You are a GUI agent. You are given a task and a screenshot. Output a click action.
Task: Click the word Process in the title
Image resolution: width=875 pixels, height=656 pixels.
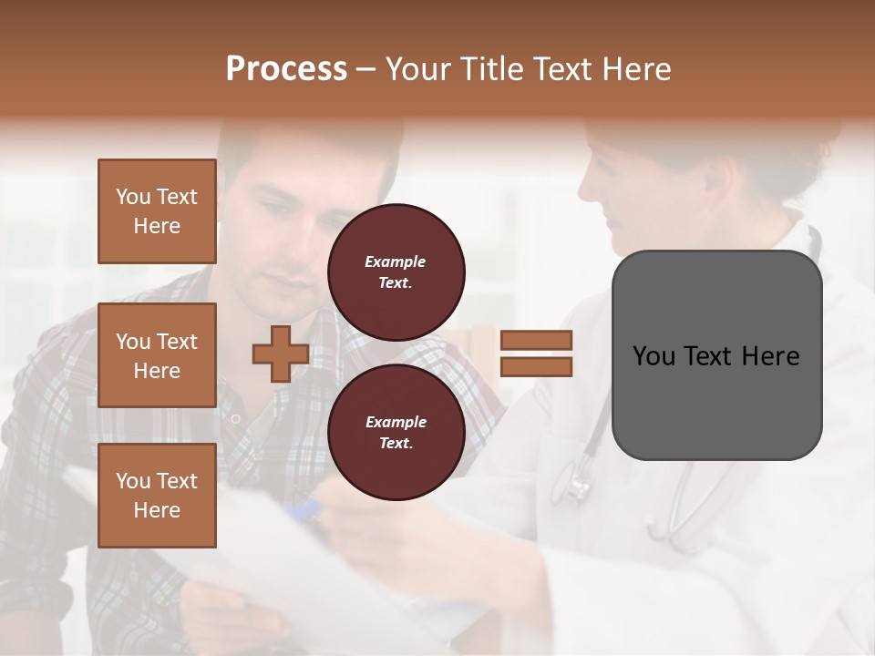[286, 69]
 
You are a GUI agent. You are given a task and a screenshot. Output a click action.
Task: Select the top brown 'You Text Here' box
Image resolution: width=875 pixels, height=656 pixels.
[157, 211]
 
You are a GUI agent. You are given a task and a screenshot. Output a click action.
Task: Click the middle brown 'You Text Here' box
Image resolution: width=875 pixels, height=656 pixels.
[157, 355]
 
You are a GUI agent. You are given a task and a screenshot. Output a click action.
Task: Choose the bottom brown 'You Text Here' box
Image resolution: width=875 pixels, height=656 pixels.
[157, 495]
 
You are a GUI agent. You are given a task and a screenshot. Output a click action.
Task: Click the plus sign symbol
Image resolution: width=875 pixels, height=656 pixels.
[281, 354]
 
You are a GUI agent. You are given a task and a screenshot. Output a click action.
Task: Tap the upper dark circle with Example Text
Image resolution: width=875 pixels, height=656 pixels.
[396, 272]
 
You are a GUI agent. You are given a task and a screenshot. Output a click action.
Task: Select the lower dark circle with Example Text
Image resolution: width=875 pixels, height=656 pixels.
[396, 433]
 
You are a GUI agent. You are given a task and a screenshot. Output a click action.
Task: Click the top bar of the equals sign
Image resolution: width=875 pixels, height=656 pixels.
[536, 341]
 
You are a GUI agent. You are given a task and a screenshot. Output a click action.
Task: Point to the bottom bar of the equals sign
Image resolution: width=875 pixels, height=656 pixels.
[536, 366]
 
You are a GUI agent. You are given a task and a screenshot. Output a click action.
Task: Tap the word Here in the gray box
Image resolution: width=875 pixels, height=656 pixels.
[770, 356]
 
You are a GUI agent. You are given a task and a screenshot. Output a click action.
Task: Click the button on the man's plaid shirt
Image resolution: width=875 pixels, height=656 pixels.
[235, 418]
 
